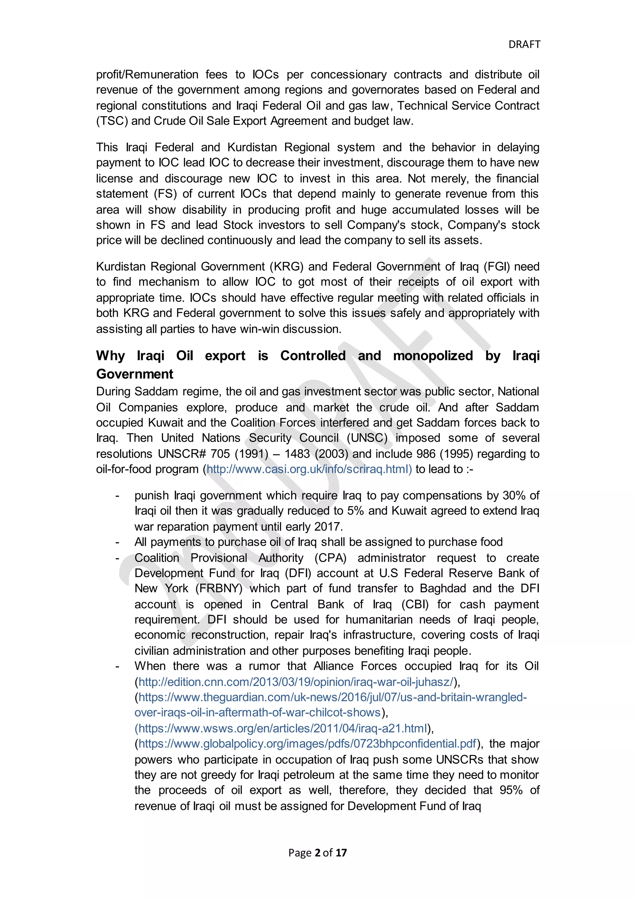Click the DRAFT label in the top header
coord(524,45)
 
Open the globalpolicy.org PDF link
coord(307,744)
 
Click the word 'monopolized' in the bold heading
coord(433,356)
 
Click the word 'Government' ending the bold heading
coord(135,374)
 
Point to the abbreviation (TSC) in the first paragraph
coord(112,121)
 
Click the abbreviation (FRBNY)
coord(219,589)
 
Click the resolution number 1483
coord(298,454)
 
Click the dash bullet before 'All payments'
coord(117,542)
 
